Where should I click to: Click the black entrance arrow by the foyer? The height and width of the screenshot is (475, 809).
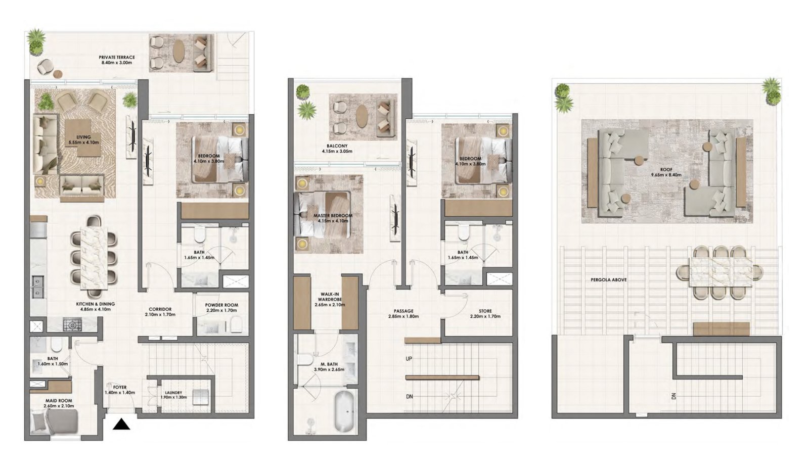pyautogui.click(x=121, y=424)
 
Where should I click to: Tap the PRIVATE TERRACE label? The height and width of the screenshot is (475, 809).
pyautogui.click(x=116, y=60)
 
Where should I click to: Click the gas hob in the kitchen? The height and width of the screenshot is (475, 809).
pyautogui.click(x=70, y=324)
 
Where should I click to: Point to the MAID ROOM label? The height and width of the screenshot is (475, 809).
pyautogui.click(x=58, y=403)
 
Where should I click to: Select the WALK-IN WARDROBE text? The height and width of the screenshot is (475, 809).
pyautogui.click(x=329, y=299)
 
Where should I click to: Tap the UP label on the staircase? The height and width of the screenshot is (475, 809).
pyautogui.click(x=409, y=359)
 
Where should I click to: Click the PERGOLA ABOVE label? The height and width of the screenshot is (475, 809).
pyautogui.click(x=608, y=279)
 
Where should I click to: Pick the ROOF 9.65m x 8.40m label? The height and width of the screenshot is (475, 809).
pyautogui.click(x=666, y=172)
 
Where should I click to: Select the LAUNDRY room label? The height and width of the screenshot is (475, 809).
pyautogui.click(x=173, y=395)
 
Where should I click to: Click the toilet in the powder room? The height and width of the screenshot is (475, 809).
pyautogui.click(x=236, y=324)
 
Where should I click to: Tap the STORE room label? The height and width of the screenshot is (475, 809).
pyautogui.click(x=485, y=313)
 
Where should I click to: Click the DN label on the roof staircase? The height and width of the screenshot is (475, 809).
pyautogui.click(x=673, y=396)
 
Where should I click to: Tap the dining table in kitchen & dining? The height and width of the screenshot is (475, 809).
pyautogui.click(x=95, y=257)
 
